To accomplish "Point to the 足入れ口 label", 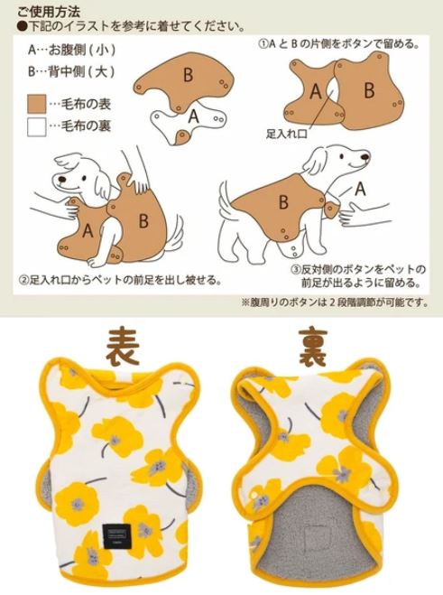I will point(287,132).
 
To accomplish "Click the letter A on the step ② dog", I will point(88,229).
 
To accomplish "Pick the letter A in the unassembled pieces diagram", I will point(193,116).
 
